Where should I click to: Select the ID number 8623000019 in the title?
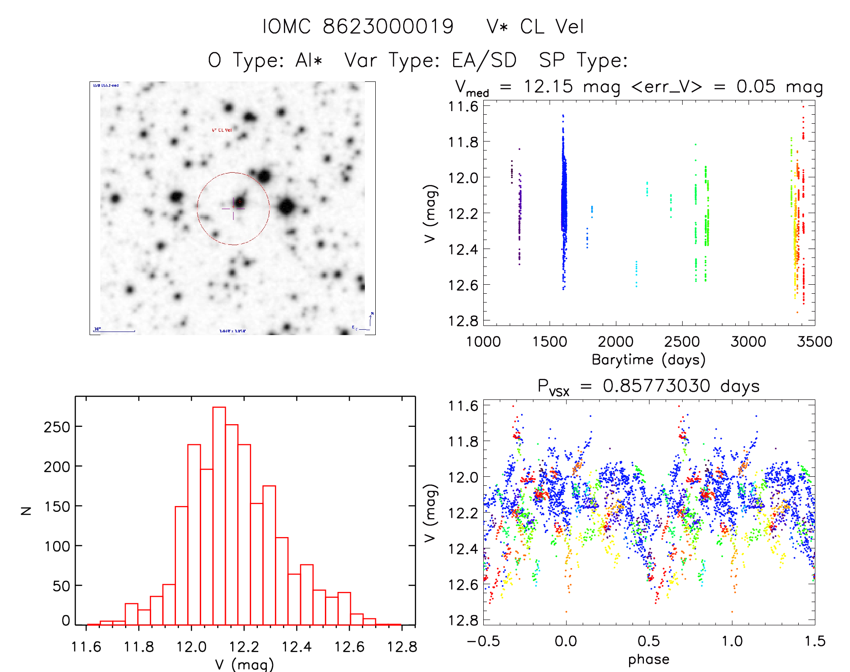[388, 27]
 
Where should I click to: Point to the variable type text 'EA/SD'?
[484, 60]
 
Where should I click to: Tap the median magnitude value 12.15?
[548, 86]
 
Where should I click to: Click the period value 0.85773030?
[657, 386]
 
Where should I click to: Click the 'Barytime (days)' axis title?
[648, 359]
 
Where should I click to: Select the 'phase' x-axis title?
[648, 659]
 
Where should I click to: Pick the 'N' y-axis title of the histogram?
[26, 511]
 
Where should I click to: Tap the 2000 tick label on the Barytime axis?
[616, 342]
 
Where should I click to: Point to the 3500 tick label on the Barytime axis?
[814, 342]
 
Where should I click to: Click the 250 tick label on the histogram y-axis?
[57, 427]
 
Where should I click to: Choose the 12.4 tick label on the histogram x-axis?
[297, 647]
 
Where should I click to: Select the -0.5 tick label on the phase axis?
[483, 641]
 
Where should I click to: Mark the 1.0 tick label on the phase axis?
[732, 641]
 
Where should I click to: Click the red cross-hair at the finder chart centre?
[233, 208]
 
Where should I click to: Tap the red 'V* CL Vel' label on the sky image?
[222, 130]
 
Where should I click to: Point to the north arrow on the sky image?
[370, 319]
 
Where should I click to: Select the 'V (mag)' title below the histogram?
[244, 664]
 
